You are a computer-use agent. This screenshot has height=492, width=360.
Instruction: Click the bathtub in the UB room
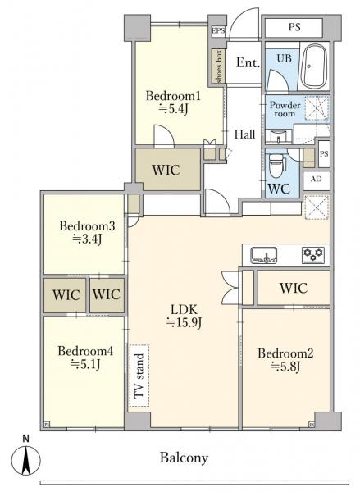coord(314,66)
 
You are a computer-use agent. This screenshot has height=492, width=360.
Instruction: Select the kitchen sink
coord(264,255)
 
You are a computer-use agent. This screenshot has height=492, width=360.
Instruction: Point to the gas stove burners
coord(313,255)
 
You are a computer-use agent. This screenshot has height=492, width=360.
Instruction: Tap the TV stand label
coord(139,376)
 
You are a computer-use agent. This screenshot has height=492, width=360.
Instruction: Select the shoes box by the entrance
coord(217,66)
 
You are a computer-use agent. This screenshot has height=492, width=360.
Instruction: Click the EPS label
coord(218,30)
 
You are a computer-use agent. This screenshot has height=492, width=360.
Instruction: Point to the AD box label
coord(316,179)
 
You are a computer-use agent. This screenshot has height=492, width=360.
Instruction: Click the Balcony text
coord(184,458)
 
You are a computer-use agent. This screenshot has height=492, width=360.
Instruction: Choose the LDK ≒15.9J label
coord(185,317)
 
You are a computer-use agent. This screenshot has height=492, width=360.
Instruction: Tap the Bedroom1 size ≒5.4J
coord(173,109)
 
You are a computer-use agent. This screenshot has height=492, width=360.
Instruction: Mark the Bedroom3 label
coord(87,225)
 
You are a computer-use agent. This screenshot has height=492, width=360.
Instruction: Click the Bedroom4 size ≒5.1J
coord(85,364)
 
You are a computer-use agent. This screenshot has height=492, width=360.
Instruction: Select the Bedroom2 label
coord(285,353)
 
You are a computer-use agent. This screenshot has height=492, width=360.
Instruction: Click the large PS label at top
coord(294,27)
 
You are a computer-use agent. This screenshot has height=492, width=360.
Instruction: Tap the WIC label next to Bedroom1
coord(166,170)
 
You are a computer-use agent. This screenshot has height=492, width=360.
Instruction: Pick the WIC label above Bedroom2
coord(294,288)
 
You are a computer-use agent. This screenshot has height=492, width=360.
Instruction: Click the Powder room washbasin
coord(278,137)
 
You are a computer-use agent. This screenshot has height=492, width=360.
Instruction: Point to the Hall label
coord(245,134)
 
